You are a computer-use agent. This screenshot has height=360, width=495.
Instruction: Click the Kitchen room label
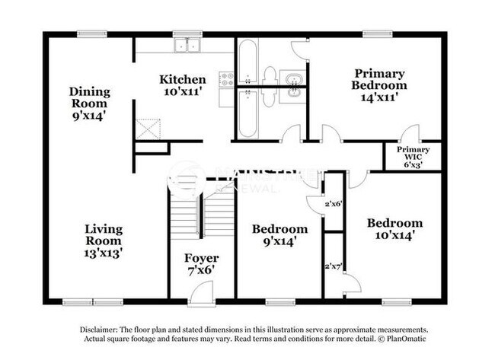coord(183,84)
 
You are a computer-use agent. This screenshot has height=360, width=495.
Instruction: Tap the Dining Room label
coord(91,104)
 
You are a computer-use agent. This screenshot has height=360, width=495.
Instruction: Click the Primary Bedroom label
coord(378,84)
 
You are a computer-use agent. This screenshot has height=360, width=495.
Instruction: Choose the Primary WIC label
coord(417,157)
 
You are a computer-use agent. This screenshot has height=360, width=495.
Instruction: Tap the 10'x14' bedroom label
coord(394,229)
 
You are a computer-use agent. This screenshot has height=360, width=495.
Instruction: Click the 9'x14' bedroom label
coord(280,235)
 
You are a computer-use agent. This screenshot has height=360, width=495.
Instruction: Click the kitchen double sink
coord(185,46)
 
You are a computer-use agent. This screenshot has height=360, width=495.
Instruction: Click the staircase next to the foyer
coord(199,212)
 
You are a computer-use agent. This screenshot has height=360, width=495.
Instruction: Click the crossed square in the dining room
coord(147,129)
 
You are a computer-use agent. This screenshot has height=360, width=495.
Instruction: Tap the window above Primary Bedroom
coord(372,33)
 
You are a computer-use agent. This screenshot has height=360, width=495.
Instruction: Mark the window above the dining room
coord(91,33)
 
